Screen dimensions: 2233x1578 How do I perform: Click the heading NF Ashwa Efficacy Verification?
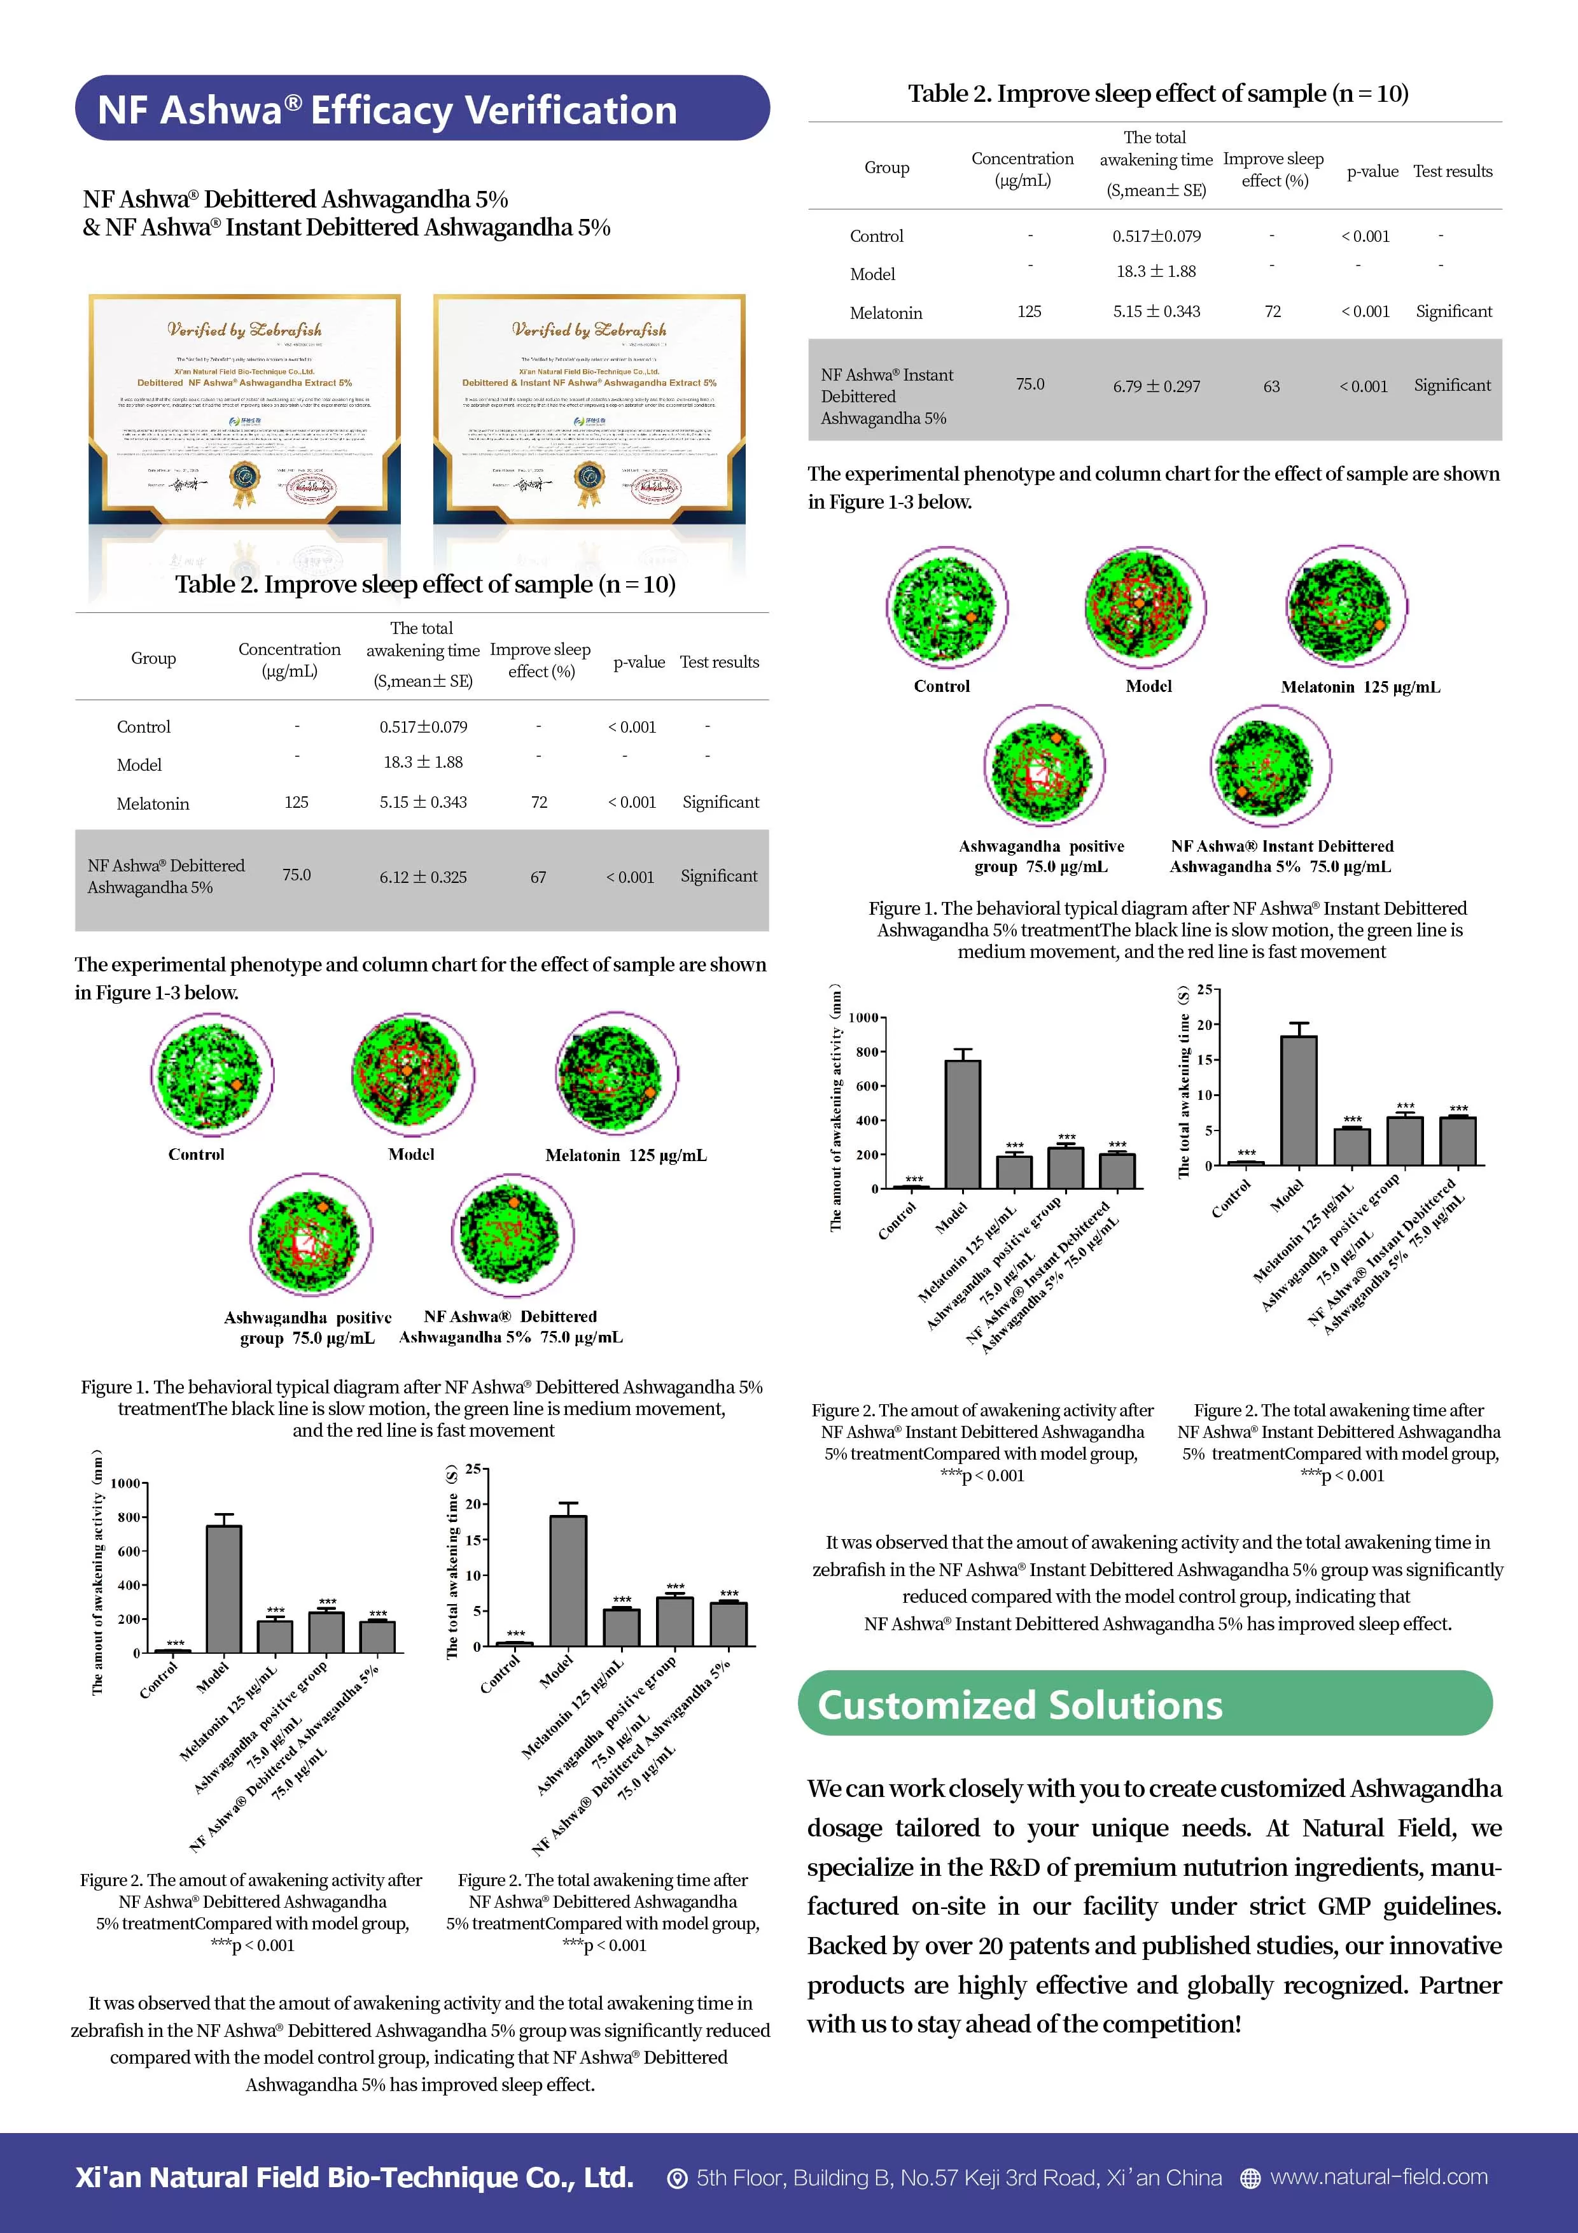coord(387,110)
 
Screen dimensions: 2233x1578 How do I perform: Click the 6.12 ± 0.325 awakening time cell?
coord(423,877)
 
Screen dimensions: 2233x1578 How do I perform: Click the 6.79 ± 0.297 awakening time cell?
coord(1156,386)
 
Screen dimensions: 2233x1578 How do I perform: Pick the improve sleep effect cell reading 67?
coord(538,877)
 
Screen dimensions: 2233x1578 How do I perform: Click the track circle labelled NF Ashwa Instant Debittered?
coord(1271,765)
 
